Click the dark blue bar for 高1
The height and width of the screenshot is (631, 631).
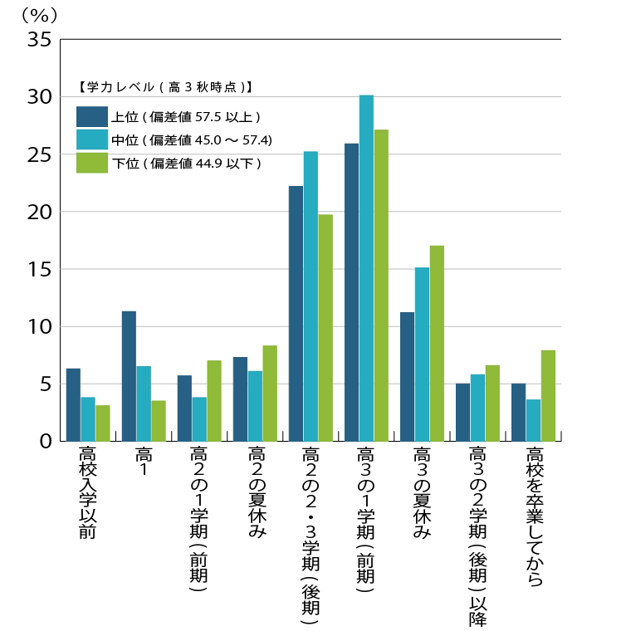(x=129, y=375)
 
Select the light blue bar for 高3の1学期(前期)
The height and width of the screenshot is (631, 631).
(x=366, y=267)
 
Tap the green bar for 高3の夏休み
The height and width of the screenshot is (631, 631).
(x=437, y=343)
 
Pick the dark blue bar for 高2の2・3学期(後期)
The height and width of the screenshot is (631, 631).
(x=296, y=313)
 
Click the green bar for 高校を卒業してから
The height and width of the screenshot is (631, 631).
(x=548, y=395)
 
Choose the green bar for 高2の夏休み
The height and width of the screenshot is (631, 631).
(x=270, y=393)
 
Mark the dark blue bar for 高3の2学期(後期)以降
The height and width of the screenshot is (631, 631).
(x=462, y=412)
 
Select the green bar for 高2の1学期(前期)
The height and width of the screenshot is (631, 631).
(x=214, y=400)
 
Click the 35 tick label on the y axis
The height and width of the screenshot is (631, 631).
(x=39, y=40)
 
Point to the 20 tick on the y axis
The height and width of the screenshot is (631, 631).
(x=39, y=213)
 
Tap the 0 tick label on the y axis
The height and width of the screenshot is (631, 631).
(x=46, y=442)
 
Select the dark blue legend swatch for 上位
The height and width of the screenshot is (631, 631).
(x=92, y=115)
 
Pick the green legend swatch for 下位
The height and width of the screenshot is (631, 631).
(x=92, y=163)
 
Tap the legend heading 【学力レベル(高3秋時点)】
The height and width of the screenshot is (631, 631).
(x=164, y=86)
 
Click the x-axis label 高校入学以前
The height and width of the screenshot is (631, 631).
(x=87, y=492)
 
